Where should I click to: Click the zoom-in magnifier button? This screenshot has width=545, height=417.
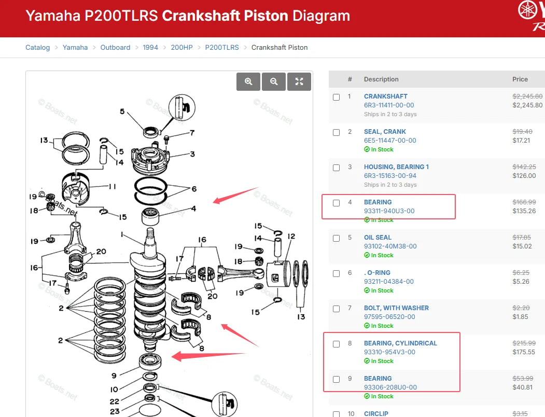[x=248, y=82]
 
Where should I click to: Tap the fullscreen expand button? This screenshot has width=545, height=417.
[x=299, y=82]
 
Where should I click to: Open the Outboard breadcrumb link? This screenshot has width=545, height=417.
[x=116, y=47]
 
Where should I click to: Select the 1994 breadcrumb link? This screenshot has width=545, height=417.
[x=150, y=47]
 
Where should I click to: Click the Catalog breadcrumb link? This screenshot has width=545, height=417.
[x=37, y=47]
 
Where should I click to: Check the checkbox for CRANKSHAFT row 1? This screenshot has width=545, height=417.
[x=336, y=97]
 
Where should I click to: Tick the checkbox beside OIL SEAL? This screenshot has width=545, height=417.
[x=336, y=238]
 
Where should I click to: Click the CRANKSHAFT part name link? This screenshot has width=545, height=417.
[x=385, y=96]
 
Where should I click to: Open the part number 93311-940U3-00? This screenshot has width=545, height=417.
[x=389, y=211]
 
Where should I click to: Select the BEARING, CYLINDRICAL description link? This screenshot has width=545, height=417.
[x=400, y=343]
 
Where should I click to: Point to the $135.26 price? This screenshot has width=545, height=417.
[x=524, y=211]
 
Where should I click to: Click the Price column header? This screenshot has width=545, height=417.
[x=520, y=79]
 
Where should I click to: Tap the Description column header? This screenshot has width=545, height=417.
[x=381, y=79]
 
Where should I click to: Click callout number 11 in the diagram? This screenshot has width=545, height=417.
[x=113, y=186]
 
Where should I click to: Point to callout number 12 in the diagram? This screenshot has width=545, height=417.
[x=291, y=236]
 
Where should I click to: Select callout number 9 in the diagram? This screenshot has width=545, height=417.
[x=114, y=376]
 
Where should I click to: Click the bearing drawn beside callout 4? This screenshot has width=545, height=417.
[x=150, y=216]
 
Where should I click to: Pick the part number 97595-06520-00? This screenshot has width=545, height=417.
[x=389, y=316]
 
